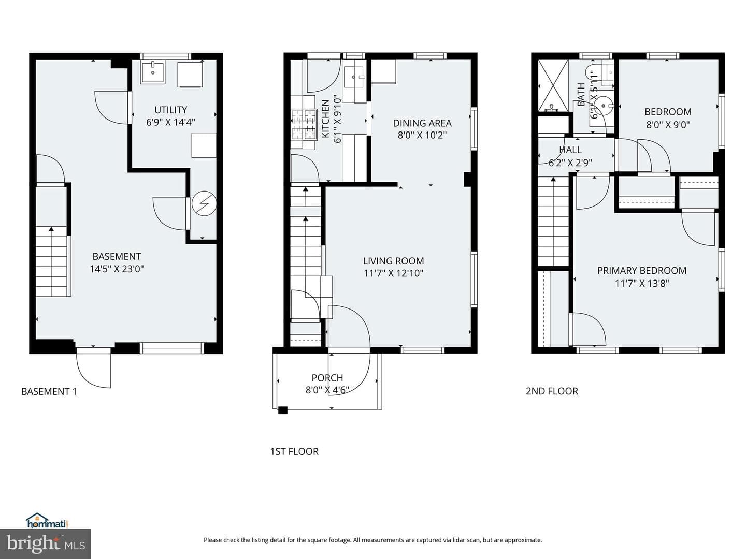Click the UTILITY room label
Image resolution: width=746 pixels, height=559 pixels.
(170, 110)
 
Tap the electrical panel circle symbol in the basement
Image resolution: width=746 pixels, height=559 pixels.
(204, 203)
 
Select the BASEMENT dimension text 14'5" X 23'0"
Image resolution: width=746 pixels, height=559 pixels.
(117, 269)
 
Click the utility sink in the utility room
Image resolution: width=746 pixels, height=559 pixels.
(153, 72)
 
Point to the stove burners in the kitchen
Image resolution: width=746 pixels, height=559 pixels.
(304, 125)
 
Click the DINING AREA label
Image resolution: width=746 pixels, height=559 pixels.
(422, 123)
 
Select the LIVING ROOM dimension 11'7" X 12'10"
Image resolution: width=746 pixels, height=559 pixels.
(394, 273)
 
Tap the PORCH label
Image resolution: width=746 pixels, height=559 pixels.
(327, 378)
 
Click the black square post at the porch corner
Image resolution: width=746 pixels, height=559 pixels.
(283, 410)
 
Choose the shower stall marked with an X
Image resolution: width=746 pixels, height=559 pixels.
(553, 85)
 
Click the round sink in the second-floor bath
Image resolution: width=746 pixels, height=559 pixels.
(604, 106)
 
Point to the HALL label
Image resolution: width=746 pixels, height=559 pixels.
(570, 150)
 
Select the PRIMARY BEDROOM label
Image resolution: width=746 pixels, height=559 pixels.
(642, 271)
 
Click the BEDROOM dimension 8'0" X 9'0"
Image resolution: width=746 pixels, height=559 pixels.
(668, 125)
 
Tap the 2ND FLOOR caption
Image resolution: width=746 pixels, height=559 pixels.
(552, 391)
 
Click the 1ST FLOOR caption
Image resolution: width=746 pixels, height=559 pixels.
(294, 451)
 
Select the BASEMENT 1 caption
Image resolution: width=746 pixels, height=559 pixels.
(49, 391)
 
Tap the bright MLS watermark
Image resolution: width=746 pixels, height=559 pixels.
(46, 544)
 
